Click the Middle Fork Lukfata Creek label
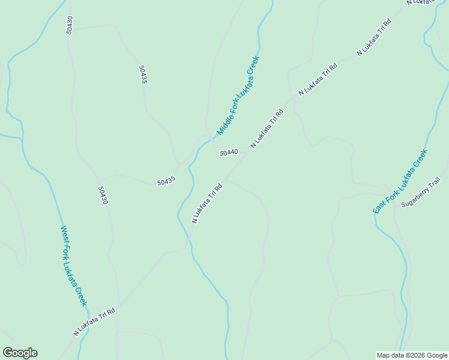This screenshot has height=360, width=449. pos(238,96)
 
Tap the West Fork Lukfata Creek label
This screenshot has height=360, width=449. pos(73,266)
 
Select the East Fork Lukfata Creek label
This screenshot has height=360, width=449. pos(400,181)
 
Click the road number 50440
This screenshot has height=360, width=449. pos(229,153)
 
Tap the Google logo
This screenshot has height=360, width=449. pos(20,353)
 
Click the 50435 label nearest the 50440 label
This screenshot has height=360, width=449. pos(166,181)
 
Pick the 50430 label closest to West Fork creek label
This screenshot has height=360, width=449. pos(103,195)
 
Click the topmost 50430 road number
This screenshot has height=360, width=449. pos(70,25)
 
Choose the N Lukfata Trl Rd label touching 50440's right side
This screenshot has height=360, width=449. pos(266,128)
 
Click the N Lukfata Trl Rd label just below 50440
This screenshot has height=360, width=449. pos(207,203)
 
